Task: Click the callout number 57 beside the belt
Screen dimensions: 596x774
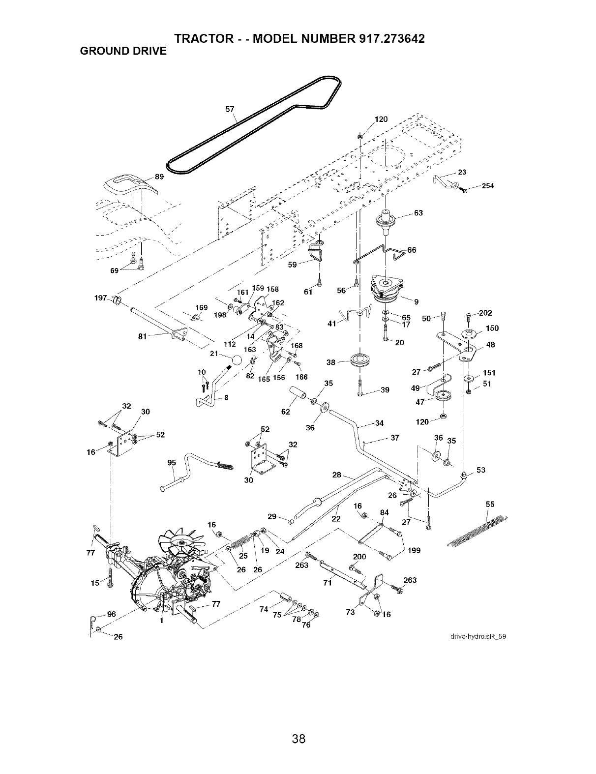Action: (x=230, y=109)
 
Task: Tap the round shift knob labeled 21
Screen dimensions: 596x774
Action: (x=236, y=360)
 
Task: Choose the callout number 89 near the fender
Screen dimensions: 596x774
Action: (x=159, y=177)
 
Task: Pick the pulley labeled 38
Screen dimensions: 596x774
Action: (x=359, y=361)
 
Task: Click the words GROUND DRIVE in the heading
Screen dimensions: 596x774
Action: (x=123, y=51)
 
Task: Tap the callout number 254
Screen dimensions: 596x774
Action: (x=488, y=185)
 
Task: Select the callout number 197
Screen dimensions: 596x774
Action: (x=101, y=298)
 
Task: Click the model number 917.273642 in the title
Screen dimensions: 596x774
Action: (x=390, y=38)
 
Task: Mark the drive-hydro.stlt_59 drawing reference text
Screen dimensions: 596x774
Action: (x=478, y=636)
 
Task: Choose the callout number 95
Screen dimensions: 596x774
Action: (x=172, y=462)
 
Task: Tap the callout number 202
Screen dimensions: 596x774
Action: (x=485, y=313)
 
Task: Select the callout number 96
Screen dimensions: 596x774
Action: (x=112, y=614)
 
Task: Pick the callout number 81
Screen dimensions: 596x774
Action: (x=143, y=336)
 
